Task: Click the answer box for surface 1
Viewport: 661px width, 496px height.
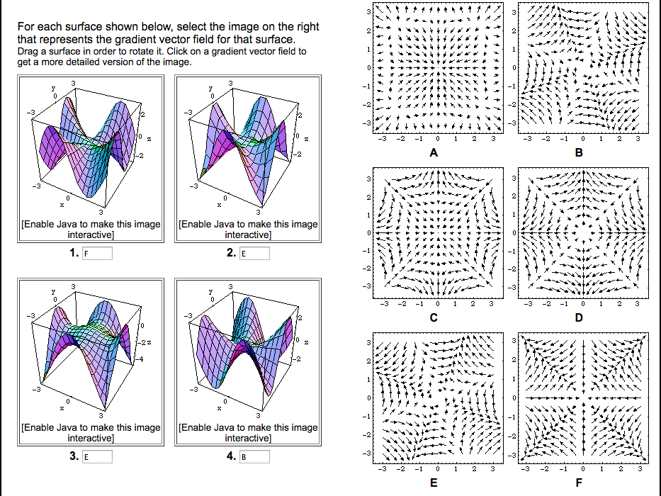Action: coord(97,254)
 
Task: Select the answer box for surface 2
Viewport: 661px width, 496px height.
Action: coord(254,254)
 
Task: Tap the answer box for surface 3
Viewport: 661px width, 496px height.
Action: coord(97,457)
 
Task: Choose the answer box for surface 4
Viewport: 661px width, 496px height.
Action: coord(254,457)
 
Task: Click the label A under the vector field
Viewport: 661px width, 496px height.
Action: coord(433,153)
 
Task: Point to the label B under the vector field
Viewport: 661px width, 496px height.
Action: coord(579,153)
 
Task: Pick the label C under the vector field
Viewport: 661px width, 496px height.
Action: coord(433,318)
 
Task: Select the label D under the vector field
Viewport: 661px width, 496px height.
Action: coord(579,318)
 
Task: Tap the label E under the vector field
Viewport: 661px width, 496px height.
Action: coord(433,483)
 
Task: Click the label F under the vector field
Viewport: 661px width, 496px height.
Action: coord(579,483)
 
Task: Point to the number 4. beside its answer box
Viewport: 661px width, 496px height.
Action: coord(231,457)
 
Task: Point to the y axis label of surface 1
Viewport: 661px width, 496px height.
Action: coord(53,88)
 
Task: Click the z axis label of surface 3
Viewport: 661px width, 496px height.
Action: coord(150,342)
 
